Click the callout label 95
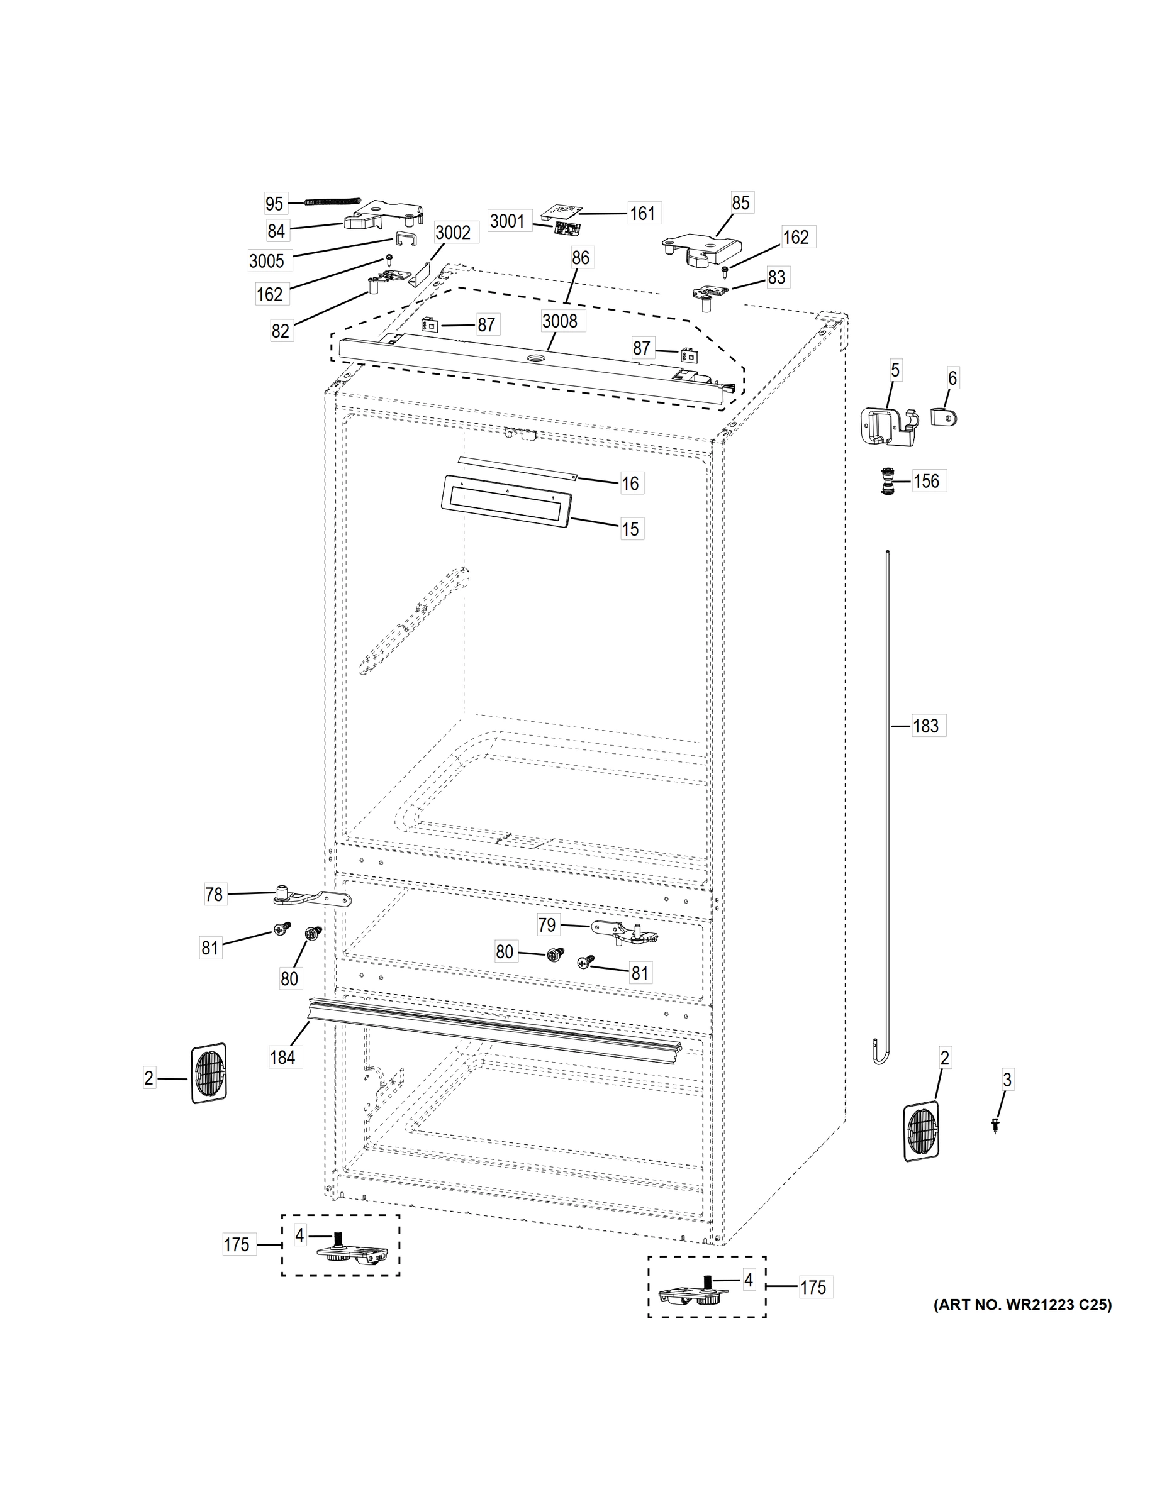pyautogui.click(x=274, y=204)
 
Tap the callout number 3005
pyautogui.click(x=266, y=261)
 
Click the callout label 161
pyautogui.click(x=642, y=214)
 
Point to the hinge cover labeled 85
pyautogui.click(x=700, y=250)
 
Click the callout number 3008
pyautogui.click(x=559, y=321)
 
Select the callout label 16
pyautogui.click(x=630, y=483)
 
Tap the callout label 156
pyautogui.click(x=927, y=481)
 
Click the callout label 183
pyautogui.click(x=925, y=726)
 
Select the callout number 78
pyautogui.click(x=214, y=895)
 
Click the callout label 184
pyautogui.click(x=282, y=1057)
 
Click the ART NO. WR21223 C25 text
pyautogui.click(x=1022, y=1305)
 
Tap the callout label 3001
pyautogui.click(x=508, y=221)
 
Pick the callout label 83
pyautogui.click(x=776, y=277)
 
